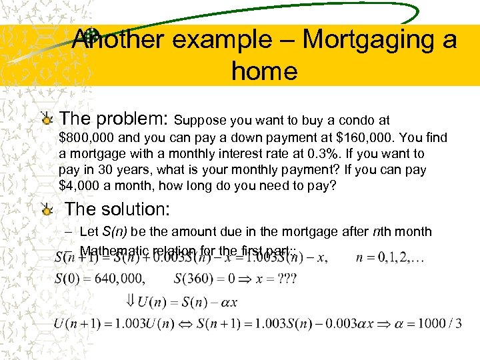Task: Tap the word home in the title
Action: (264, 70)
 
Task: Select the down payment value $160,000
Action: (369, 138)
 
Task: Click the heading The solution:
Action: (117, 209)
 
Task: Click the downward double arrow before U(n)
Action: (129, 301)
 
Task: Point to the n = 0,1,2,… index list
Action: (394, 257)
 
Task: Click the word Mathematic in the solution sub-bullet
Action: (114, 251)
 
